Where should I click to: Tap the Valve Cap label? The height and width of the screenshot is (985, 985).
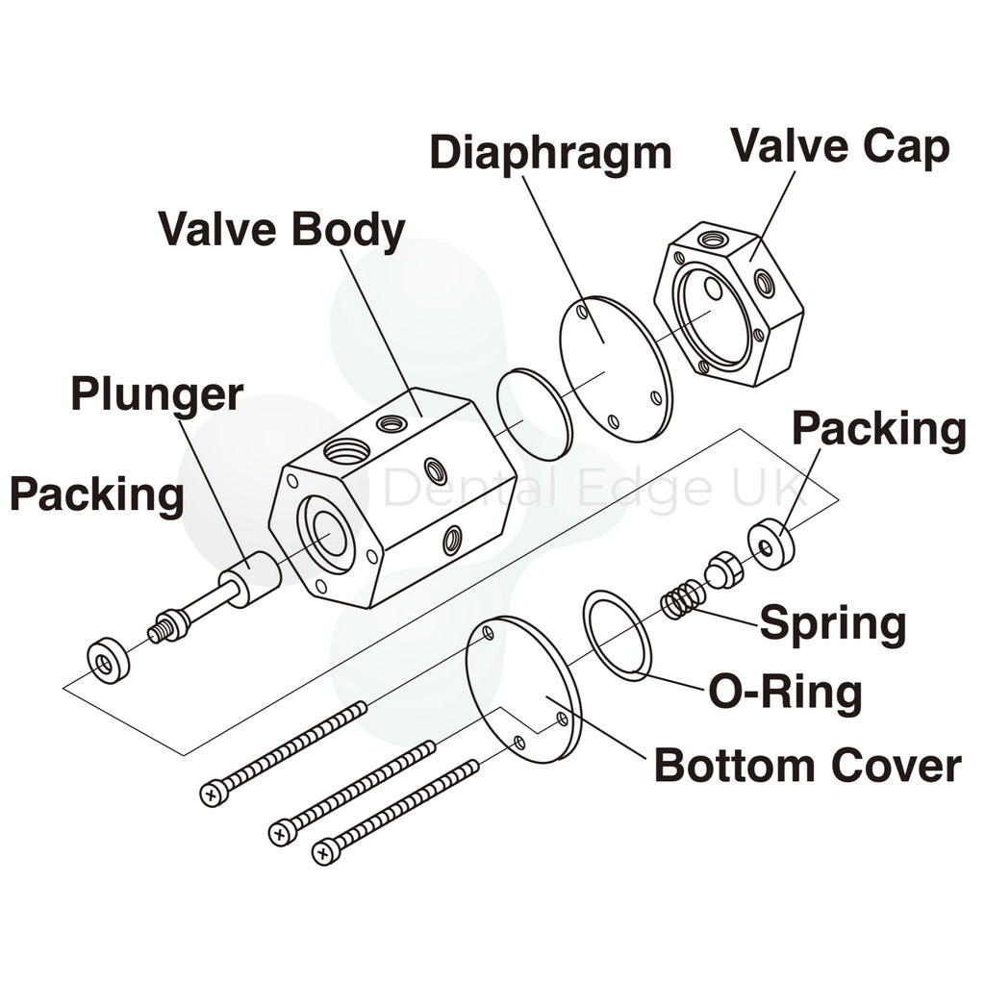(840, 146)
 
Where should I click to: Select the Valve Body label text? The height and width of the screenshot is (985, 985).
(281, 230)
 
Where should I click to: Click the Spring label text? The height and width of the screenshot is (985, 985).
(833, 623)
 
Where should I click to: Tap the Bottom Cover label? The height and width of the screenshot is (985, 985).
(807, 767)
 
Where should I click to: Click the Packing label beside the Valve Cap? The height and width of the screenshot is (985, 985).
(878, 429)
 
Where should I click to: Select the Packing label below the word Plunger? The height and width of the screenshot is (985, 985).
(96, 494)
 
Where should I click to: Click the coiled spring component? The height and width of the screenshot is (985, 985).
(682, 600)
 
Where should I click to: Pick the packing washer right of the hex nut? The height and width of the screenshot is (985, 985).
(771, 544)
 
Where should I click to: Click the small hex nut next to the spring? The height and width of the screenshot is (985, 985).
(722, 571)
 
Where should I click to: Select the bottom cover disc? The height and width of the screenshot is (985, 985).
(524, 689)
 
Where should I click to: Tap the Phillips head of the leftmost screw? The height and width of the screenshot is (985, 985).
(214, 794)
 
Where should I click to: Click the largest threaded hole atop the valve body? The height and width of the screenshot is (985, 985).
(347, 449)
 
